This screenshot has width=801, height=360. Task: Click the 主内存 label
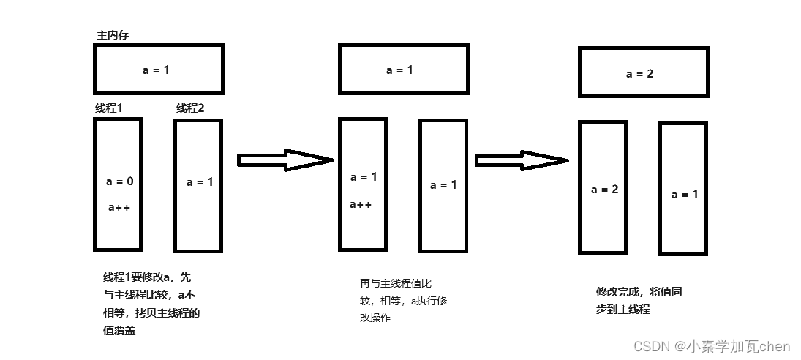113,35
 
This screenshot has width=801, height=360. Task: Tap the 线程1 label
108,108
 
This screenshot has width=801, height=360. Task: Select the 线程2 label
190,108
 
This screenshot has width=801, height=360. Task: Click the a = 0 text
119,181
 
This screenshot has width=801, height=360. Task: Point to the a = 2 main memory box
643,72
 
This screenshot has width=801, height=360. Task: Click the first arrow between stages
285,160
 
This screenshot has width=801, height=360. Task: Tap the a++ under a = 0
119,207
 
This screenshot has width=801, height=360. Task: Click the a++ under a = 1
361,204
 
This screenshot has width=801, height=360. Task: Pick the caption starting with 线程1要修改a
151,304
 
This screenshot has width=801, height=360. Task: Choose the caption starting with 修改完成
639,301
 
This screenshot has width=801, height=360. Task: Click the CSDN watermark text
711,346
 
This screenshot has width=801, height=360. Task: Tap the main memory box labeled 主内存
158,70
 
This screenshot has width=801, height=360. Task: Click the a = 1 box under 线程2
198,186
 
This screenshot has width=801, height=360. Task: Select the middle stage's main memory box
403,70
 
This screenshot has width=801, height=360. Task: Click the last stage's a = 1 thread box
683,188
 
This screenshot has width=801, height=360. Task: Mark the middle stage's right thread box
443,185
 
